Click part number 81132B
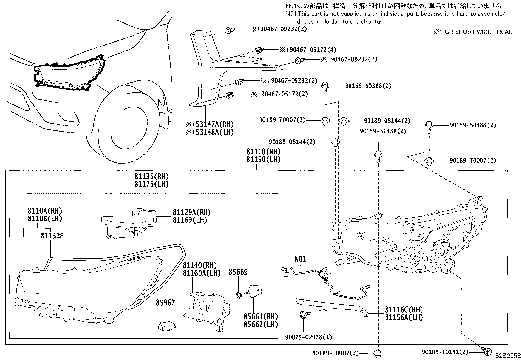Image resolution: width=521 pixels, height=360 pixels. click(x=52, y=235)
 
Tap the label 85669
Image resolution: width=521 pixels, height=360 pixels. click(x=238, y=272)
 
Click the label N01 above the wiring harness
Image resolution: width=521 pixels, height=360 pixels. click(x=300, y=259)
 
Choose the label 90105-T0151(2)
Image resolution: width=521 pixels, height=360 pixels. click(x=445, y=352)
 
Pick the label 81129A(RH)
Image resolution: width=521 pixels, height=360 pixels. click(x=192, y=212)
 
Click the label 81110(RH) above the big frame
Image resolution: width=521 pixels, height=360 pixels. click(x=263, y=152)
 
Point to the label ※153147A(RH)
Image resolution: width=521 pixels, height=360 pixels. click(x=210, y=124)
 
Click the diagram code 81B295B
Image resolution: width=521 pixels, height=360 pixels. click(x=507, y=356)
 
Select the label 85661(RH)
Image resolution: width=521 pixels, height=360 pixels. click(x=260, y=317)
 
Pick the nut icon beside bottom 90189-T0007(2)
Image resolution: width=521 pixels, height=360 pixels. click(x=378, y=353)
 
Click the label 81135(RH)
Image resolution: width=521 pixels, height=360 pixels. click(x=151, y=177)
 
